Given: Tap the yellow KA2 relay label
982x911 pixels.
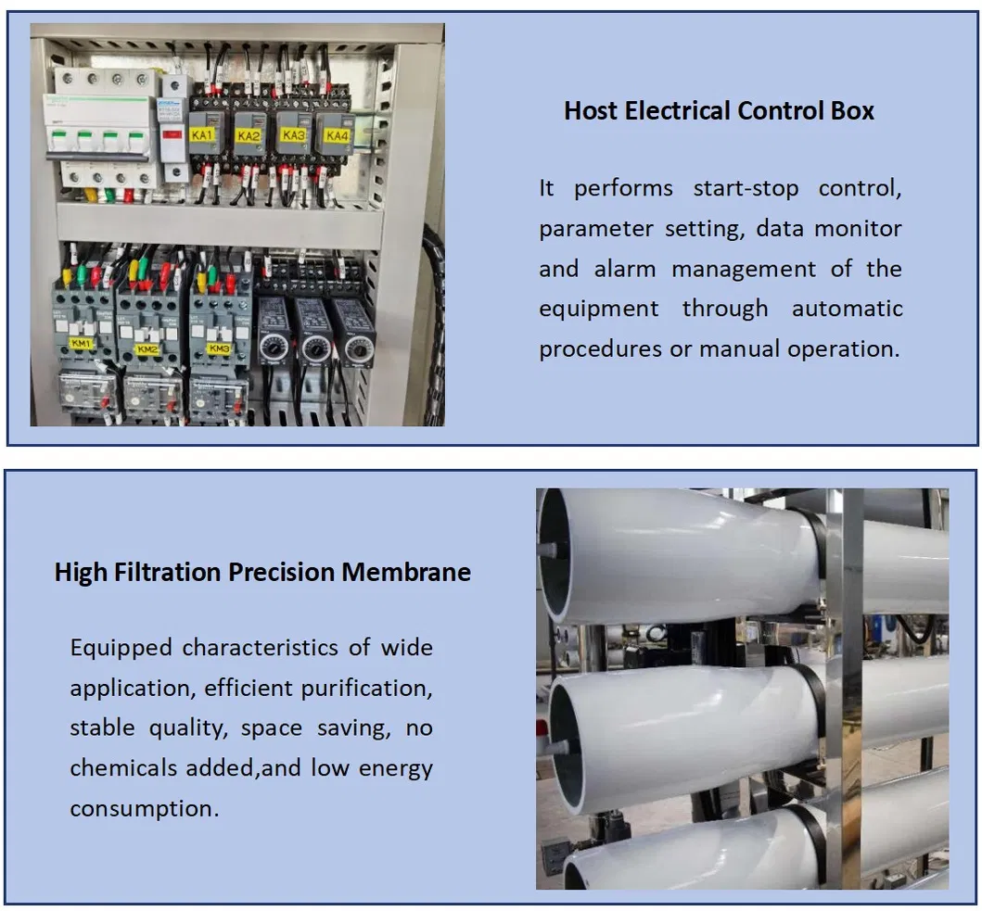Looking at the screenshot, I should pos(248,135).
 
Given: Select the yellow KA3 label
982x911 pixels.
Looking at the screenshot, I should pos(293,135).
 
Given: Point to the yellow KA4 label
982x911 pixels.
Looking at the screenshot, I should pos(337,136).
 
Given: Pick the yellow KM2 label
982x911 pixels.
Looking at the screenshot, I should pos(146,349).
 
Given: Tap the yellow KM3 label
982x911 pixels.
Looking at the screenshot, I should pos(219,348).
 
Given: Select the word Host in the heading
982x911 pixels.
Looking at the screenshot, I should pos(593,111).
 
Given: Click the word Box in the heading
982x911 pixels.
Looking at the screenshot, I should pos(851,111).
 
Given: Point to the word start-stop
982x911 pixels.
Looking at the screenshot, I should pos(746,188).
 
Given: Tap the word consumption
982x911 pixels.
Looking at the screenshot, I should pos(144,808).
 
